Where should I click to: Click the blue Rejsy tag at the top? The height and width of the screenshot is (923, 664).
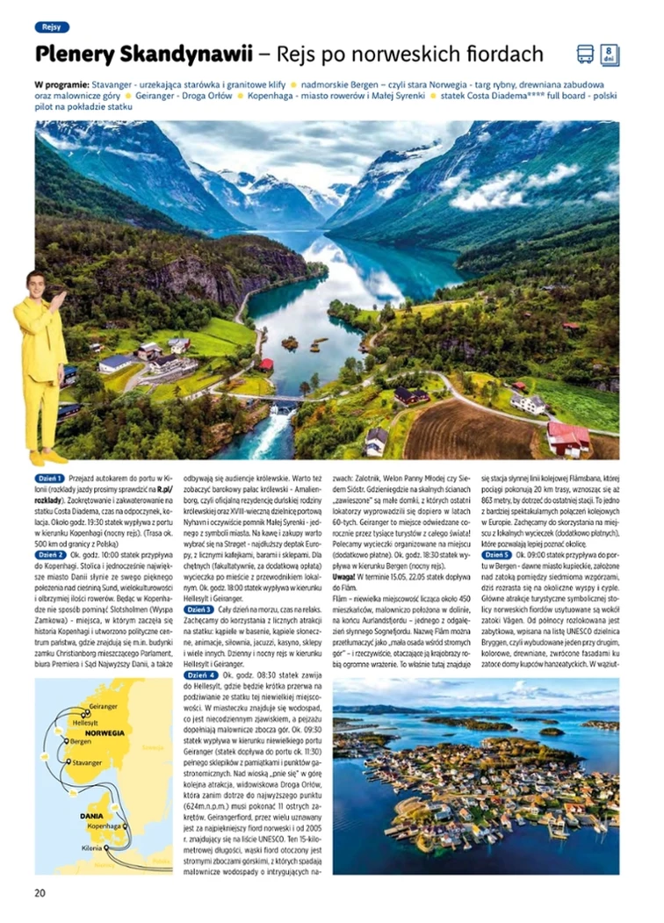[x=52, y=27]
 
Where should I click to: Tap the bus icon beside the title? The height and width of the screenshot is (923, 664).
[x=585, y=54]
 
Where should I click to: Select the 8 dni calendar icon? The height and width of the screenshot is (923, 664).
[x=610, y=54]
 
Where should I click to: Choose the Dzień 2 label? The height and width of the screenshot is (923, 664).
[x=50, y=530]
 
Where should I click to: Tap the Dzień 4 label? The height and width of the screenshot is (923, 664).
[x=198, y=674]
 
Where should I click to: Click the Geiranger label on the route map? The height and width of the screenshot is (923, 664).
[x=104, y=706]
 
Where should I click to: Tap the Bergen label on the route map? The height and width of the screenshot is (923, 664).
[x=81, y=742]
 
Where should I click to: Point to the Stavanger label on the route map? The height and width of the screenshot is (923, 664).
[x=87, y=763]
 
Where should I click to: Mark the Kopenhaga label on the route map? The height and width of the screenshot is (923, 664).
[x=105, y=826]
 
